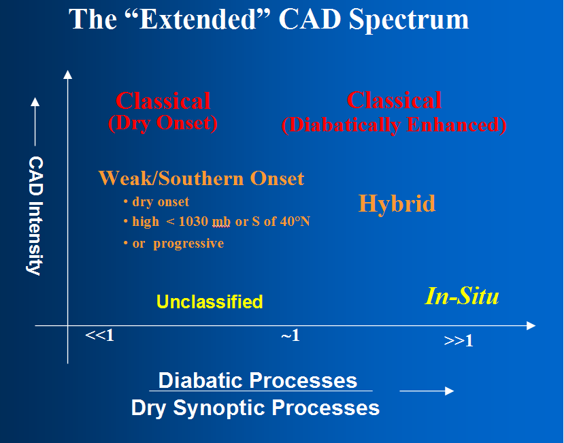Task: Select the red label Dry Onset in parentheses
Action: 163,123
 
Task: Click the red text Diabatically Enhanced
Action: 394,125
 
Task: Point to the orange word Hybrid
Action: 397,204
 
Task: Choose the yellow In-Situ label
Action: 462,296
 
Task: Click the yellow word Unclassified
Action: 210,301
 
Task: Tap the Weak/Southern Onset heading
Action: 201,178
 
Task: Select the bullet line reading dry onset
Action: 156,201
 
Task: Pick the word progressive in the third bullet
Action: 188,244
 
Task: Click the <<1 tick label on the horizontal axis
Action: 99,335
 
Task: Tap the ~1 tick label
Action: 291,335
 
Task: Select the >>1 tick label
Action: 459,341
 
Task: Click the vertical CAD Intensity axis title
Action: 35,216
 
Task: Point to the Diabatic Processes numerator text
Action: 258,380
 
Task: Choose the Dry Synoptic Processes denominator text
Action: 255,408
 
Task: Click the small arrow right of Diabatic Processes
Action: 427,391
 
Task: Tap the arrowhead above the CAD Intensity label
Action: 35,102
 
